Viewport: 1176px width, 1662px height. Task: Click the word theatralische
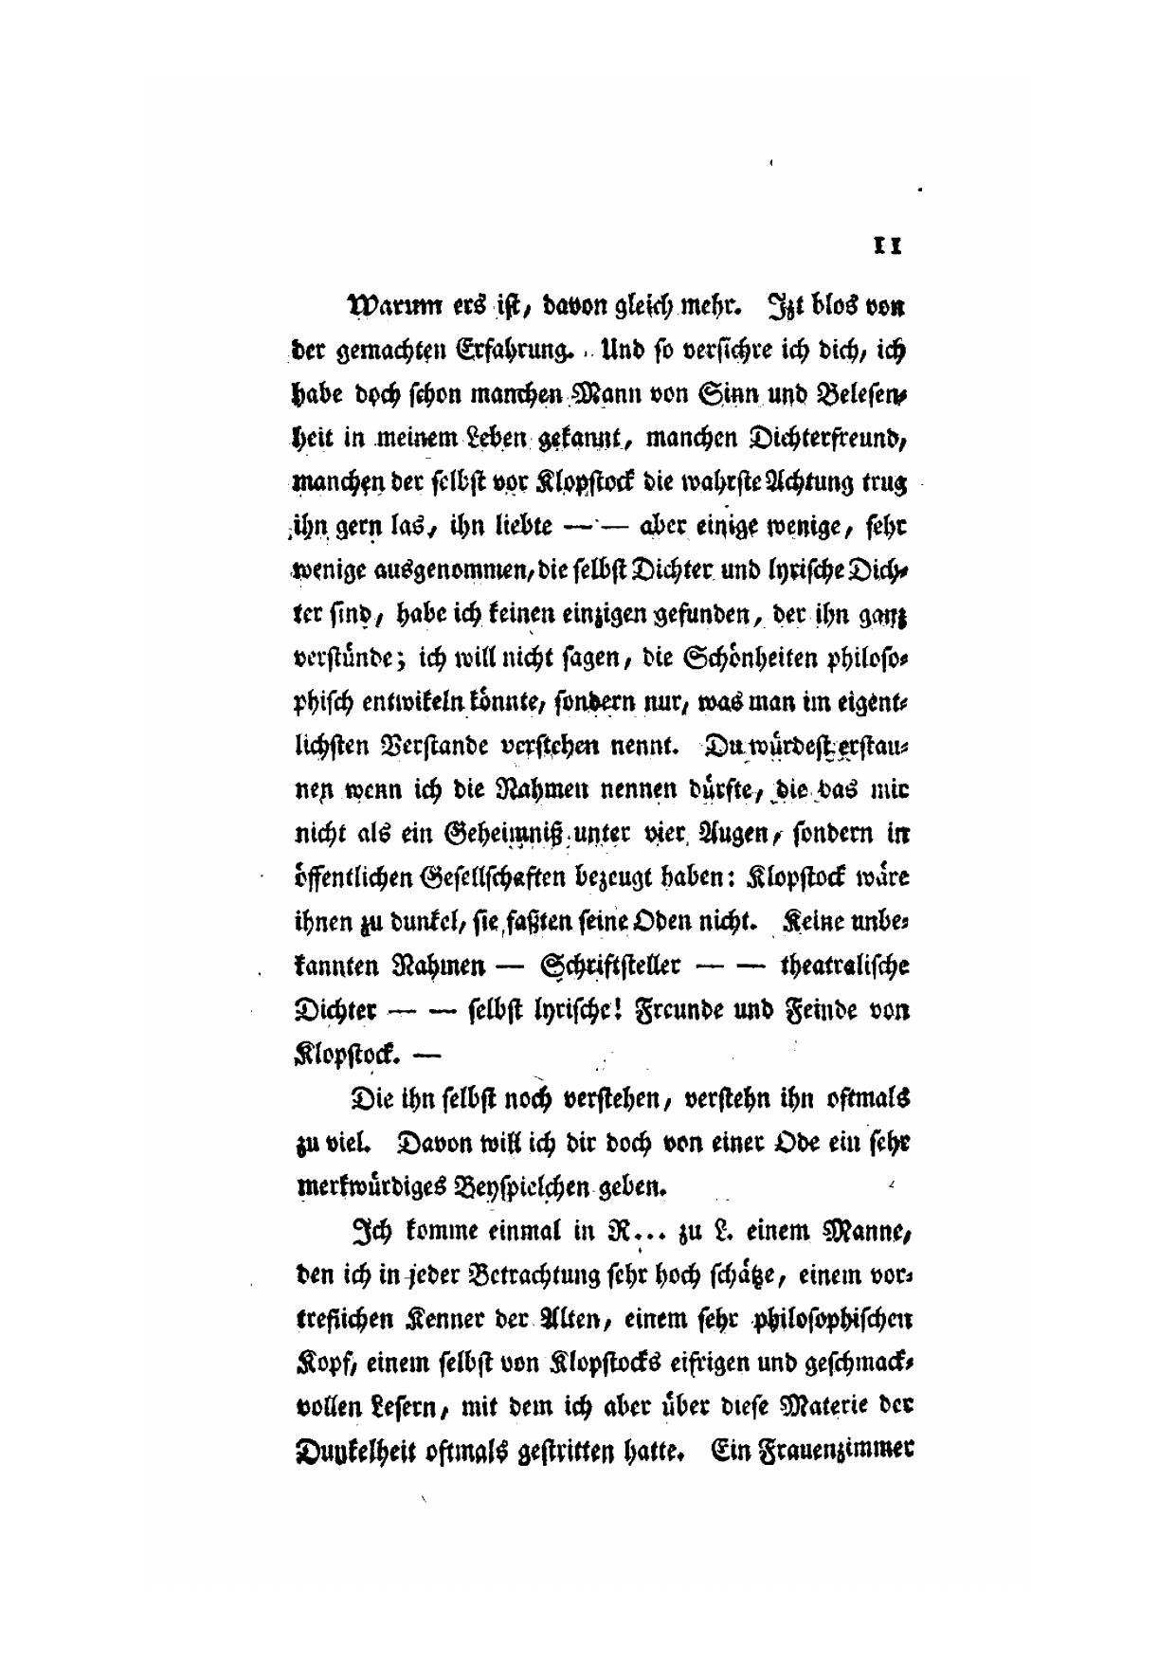point(844,966)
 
